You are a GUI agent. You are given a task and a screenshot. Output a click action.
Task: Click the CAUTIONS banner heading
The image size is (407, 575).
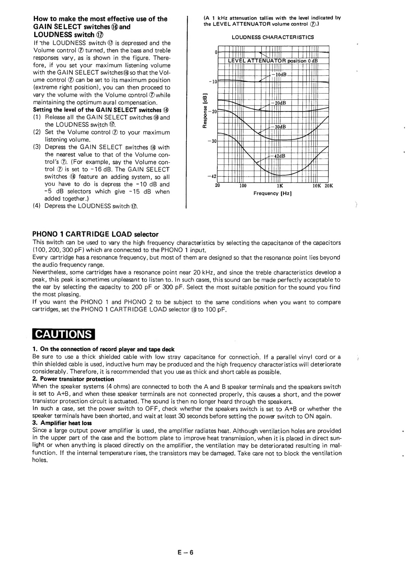tap(64, 334)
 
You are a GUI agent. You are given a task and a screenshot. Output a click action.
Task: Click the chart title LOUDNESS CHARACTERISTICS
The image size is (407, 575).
tap(273, 37)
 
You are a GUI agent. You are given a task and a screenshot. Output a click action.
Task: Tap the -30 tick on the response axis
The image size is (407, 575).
tap(213, 141)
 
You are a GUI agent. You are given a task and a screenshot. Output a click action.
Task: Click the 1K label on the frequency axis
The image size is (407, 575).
tap(280, 186)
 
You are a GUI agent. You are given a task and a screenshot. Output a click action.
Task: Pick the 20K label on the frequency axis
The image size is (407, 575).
tap(329, 186)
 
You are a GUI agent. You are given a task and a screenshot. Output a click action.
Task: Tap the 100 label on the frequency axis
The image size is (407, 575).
tap(243, 186)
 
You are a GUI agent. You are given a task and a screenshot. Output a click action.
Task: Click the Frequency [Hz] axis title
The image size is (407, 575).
tap(272, 193)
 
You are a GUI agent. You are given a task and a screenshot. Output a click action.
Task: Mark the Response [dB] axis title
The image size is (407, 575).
tap(205, 111)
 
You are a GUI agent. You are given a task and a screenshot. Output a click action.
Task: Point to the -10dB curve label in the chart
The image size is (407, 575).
tap(279, 75)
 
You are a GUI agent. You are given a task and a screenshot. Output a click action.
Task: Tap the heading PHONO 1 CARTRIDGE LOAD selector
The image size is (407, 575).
tap(96, 235)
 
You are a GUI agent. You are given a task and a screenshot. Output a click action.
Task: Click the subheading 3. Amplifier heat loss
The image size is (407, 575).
tap(62, 423)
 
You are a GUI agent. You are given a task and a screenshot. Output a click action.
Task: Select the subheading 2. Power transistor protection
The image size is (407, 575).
tap(73, 379)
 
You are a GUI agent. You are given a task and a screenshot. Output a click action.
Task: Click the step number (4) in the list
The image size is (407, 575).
tap(37, 206)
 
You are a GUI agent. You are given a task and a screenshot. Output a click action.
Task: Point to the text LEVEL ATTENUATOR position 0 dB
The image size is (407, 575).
tap(273, 61)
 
